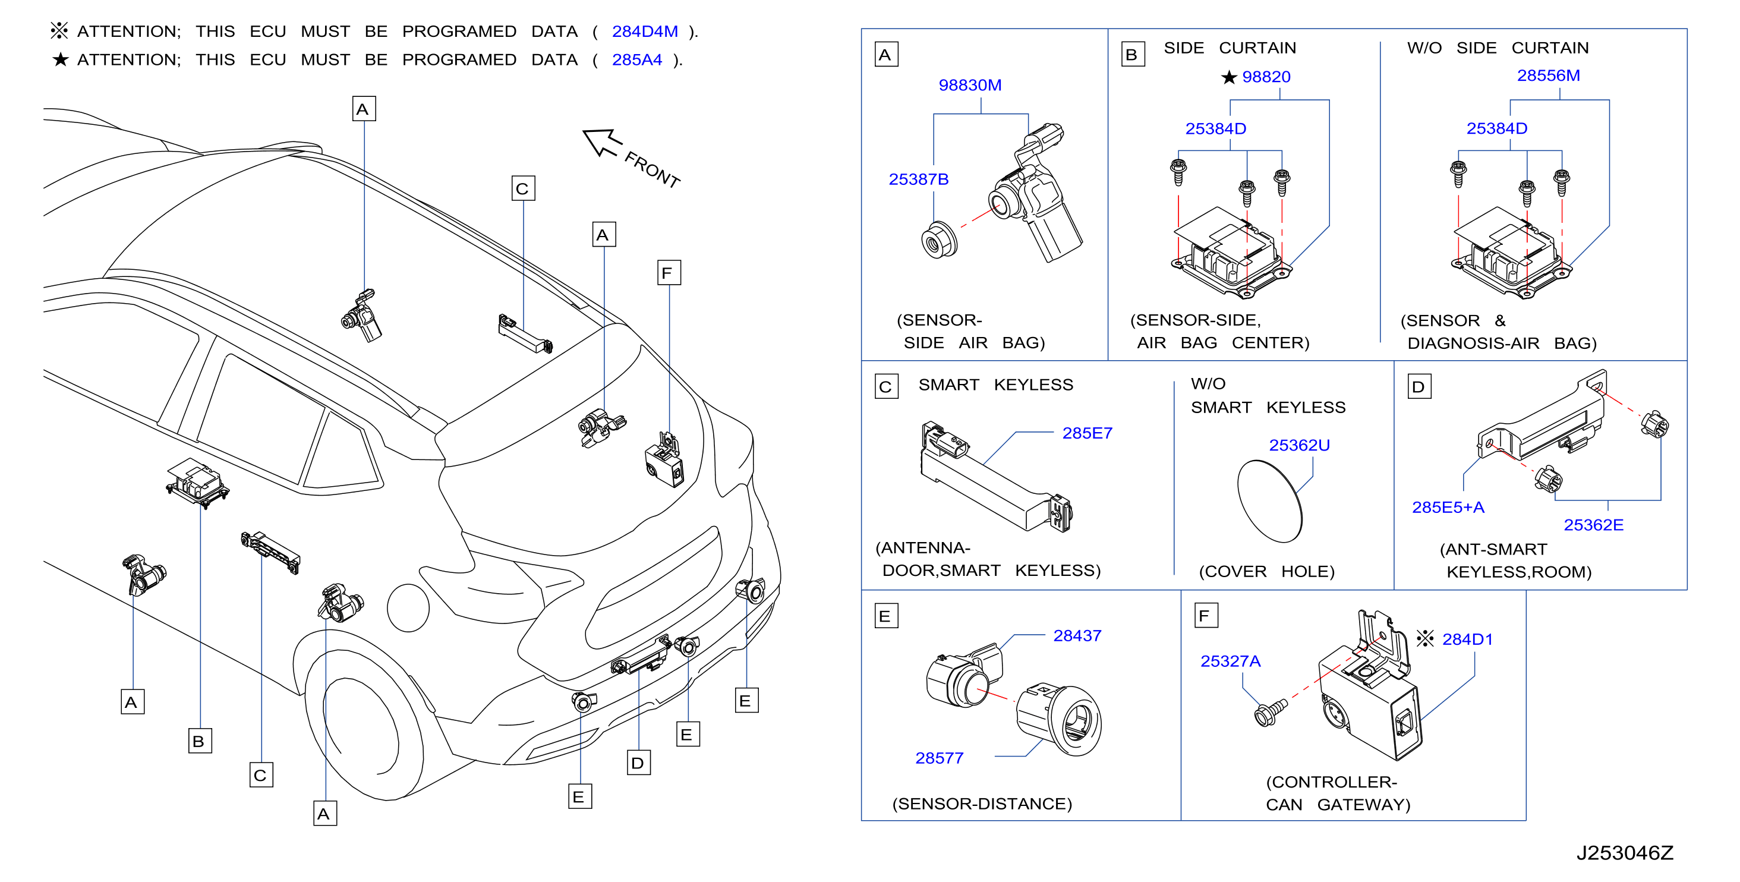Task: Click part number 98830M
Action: tap(969, 85)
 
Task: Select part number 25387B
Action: tap(918, 179)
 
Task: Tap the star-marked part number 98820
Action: tap(1266, 77)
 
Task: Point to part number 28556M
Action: tap(1548, 75)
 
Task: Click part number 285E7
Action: tap(1087, 433)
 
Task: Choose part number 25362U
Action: tap(1299, 445)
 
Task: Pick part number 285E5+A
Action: tap(1448, 507)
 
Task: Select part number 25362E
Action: tap(1593, 525)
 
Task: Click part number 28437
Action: tap(1077, 635)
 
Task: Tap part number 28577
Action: tap(939, 758)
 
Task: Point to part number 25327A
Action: tap(1230, 661)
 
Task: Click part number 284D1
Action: tap(1467, 639)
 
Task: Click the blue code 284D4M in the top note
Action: tap(644, 31)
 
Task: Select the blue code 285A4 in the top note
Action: tap(636, 59)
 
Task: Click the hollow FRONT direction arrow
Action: tap(602, 143)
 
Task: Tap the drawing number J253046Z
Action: tap(1625, 853)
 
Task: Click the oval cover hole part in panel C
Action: tap(1269, 501)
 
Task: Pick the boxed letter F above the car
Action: tap(669, 273)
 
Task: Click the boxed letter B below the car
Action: tap(199, 741)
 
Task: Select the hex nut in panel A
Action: tap(939, 240)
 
